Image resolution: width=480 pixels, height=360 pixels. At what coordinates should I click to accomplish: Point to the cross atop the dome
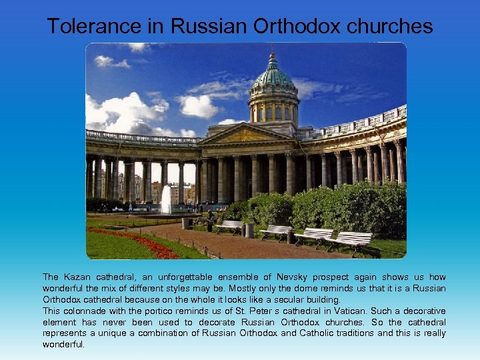click(x=272, y=51)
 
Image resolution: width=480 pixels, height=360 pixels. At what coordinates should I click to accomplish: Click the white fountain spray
click(x=166, y=199)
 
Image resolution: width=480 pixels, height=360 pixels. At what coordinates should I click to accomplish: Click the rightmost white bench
click(x=352, y=240)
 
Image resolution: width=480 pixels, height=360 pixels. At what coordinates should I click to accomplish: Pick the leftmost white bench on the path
click(x=229, y=226)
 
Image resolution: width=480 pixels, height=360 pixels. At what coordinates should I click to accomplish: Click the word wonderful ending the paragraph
click(x=63, y=345)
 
